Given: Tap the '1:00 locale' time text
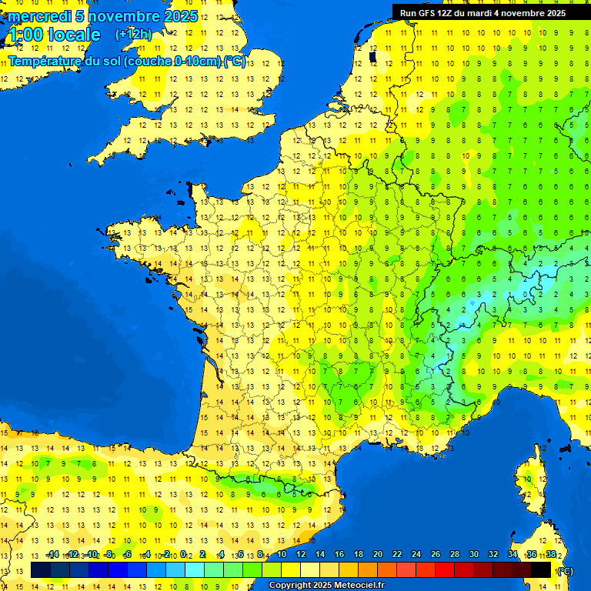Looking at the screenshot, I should coord(54,35).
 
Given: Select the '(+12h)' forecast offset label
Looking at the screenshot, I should coord(133,35).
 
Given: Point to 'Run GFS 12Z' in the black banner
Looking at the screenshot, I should coord(428,13).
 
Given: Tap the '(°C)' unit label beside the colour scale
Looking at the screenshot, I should coord(565,571).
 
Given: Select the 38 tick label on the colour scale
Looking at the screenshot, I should coord(551,555).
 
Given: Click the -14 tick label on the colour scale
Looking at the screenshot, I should coord(52,555).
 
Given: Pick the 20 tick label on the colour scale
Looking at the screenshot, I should coord(378,555).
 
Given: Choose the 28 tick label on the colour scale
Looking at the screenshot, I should coord(455,555).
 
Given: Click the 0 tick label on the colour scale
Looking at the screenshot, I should coord(185,555).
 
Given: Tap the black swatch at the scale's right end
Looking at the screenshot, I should coord(542,570).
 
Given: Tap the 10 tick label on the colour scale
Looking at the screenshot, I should coord(282,555).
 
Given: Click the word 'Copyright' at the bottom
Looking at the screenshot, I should coord(289,586).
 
